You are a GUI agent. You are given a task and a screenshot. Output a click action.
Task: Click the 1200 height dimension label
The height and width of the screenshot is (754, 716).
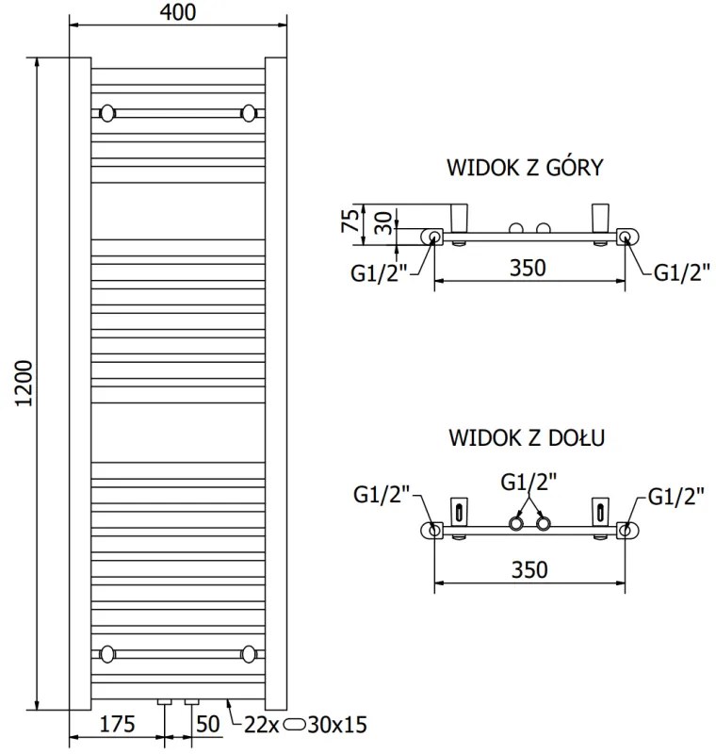click(x=25, y=383)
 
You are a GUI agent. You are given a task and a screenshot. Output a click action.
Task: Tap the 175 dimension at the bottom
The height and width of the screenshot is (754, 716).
click(x=118, y=725)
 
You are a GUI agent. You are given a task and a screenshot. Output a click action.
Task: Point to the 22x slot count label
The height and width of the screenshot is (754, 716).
click(x=260, y=725)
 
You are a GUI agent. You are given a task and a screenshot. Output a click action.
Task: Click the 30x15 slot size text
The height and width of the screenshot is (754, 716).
click(x=337, y=725)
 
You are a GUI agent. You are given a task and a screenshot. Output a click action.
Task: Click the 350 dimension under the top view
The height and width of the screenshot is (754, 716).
click(x=528, y=268)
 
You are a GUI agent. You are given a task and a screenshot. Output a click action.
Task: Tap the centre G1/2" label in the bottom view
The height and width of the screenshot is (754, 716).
click(x=529, y=482)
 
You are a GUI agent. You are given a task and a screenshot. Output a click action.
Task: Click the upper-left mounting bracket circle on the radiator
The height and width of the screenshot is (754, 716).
click(x=107, y=113)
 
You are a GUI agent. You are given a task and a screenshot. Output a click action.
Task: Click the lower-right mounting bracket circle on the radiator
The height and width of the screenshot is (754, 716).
click(x=250, y=653)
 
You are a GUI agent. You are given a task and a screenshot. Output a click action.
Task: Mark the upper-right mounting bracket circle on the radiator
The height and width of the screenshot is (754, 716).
click(x=250, y=113)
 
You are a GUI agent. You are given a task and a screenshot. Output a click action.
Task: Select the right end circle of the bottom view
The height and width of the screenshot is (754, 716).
click(x=626, y=530)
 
